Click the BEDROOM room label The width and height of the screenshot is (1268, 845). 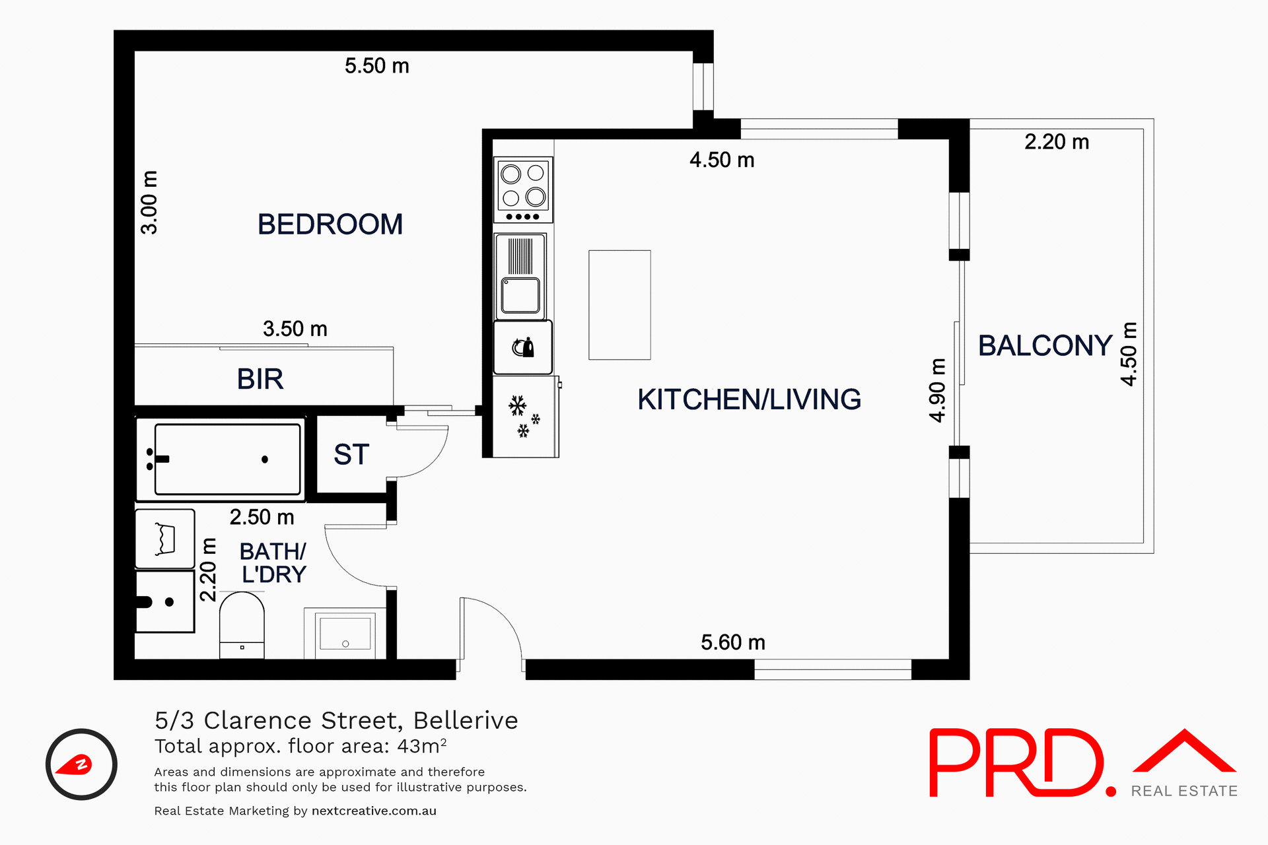330,224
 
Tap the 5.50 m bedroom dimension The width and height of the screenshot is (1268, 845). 376,66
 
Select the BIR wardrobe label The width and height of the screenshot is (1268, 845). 260,380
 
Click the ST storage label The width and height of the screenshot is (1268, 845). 351,455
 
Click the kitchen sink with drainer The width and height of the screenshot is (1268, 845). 521,276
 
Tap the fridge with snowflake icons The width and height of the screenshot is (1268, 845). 524,417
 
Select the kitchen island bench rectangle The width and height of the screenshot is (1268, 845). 619,305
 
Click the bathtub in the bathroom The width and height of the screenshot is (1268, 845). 227,459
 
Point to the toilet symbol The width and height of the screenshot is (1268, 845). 242,624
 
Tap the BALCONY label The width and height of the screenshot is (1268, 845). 1045,346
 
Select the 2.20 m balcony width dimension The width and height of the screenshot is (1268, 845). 1056,142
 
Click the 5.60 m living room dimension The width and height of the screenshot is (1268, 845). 732,642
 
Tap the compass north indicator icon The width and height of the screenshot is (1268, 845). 81,764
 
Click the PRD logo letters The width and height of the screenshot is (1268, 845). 1017,763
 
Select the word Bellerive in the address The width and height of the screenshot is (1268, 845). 466,720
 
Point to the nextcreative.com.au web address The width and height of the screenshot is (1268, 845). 374,811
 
